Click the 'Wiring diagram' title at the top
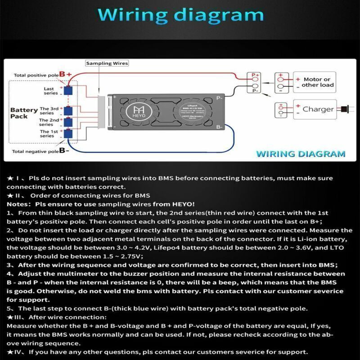tap(180, 15)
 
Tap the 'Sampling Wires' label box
tap(107, 63)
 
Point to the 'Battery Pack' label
tap(24, 113)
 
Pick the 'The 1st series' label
tap(47, 134)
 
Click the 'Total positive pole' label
tap(36, 75)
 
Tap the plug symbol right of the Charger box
tap(344, 109)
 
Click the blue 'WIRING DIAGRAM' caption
tap(301, 153)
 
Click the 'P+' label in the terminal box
tap(255, 75)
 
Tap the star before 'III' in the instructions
tap(10, 317)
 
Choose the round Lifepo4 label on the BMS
tap(188, 112)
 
